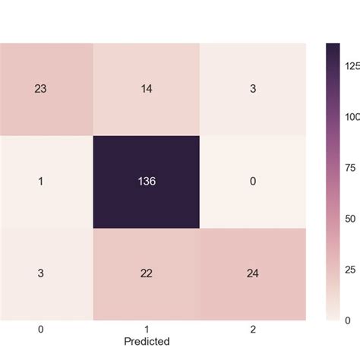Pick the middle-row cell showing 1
[x=39, y=182]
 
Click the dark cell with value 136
[x=146, y=182]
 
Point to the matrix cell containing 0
[x=253, y=182]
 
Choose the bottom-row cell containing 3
[x=39, y=273]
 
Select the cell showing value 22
[x=146, y=273]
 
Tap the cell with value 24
[x=253, y=273]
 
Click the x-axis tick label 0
[x=39, y=329]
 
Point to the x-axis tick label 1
[x=146, y=329]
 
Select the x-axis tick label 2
[x=253, y=329]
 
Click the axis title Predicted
[x=146, y=341]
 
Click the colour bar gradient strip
[x=333, y=182]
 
